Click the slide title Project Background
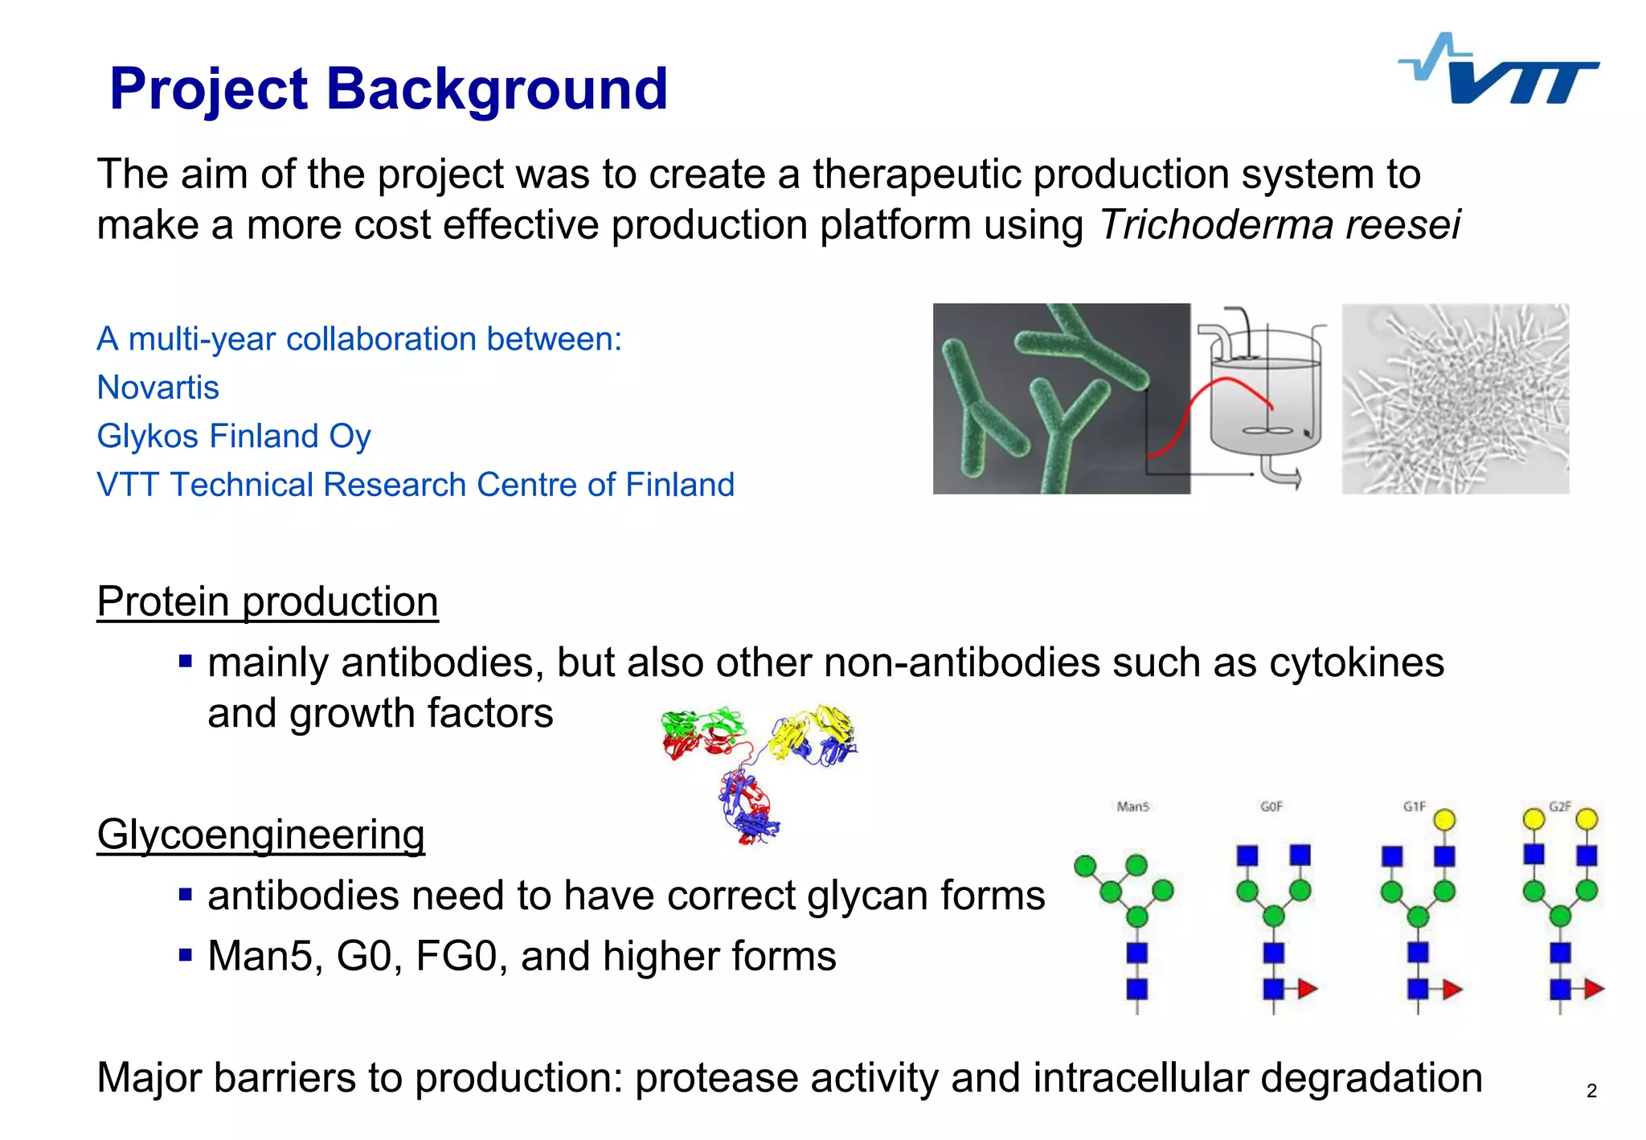pyautogui.click(x=388, y=88)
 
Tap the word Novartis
pyautogui.click(x=158, y=388)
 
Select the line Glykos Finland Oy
pyautogui.click(x=233, y=436)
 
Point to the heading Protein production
pyautogui.click(x=267, y=601)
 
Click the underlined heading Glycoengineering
pyautogui.click(x=260, y=834)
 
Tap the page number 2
pyautogui.click(x=1591, y=1091)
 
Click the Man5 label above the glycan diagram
pyautogui.click(x=1132, y=806)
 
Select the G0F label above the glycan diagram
pyautogui.click(x=1271, y=806)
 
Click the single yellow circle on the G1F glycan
pyautogui.click(x=1444, y=820)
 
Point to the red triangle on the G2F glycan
pyautogui.click(x=1594, y=989)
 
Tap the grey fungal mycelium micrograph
pyautogui.click(x=1455, y=399)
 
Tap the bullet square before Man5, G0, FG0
pyautogui.click(x=186, y=955)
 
